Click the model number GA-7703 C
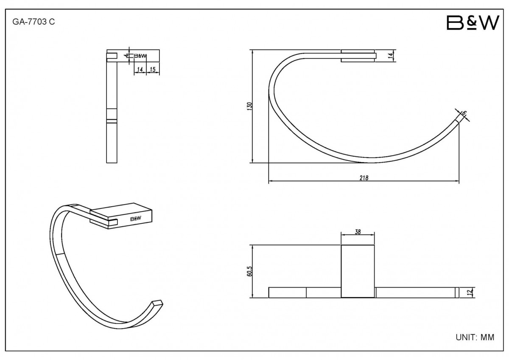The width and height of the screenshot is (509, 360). point(34,22)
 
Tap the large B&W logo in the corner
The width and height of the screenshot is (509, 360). point(473,22)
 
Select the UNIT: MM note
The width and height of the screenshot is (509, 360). point(475,337)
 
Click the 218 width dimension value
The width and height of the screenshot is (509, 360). point(364,178)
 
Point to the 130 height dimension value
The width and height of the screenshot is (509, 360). point(249,107)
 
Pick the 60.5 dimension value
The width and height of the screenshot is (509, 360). point(249,271)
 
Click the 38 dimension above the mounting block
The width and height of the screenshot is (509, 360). point(358,232)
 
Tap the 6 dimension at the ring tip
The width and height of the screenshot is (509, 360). point(464,113)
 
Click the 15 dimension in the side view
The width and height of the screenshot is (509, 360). point(153,69)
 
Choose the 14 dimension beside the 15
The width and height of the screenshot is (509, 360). point(140,69)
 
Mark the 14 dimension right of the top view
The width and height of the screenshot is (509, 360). point(390,55)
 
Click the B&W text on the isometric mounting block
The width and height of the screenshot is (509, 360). point(136,219)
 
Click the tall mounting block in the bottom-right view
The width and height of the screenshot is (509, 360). point(358,271)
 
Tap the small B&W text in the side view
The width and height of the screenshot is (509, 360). point(140,56)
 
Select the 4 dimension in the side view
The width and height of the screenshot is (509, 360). point(126,56)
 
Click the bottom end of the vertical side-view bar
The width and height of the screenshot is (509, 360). point(112,163)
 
